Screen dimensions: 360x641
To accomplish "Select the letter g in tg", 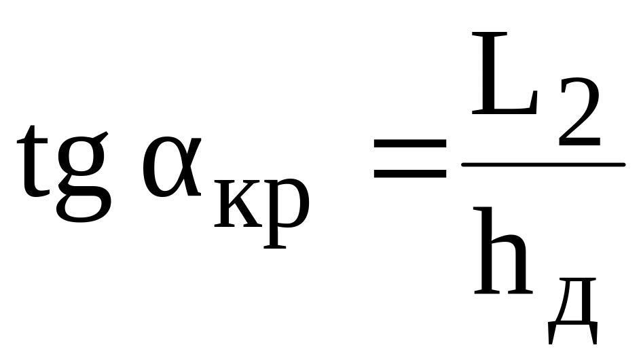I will point(83,170).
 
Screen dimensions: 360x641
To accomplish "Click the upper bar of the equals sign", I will point(410,144).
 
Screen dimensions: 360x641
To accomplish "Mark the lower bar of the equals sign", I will point(410,175).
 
